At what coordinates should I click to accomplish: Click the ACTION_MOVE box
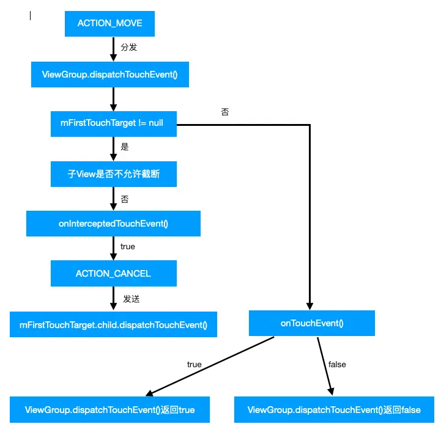tap(109, 24)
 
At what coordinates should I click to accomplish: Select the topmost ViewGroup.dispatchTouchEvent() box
tap(110, 75)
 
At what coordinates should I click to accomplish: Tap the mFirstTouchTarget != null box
tap(114, 124)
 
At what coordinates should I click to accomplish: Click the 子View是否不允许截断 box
tap(114, 174)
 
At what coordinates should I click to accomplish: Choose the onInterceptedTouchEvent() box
tap(113, 224)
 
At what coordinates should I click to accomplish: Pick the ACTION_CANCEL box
tap(114, 274)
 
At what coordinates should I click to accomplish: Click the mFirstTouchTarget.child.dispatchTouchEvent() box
tap(113, 324)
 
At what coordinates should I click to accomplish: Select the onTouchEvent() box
tap(312, 323)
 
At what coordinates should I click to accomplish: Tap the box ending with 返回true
tap(109, 409)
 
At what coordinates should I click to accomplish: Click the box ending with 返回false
tap(334, 409)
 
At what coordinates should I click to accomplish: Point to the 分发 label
tap(129, 47)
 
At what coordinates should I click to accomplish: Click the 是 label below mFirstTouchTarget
tap(125, 147)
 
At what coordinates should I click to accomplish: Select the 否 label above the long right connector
tap(225, 112)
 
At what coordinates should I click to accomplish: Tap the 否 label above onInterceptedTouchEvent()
tap(125, 199)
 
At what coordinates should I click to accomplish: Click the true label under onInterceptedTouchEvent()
tap(128, 246)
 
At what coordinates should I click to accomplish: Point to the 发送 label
tap(132, 299)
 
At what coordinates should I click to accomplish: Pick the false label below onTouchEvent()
tap(337, 365)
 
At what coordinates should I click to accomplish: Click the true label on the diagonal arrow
tap(195, 365)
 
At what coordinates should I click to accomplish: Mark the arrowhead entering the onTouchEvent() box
tap(309, 306)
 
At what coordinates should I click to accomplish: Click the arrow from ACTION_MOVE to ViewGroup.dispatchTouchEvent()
tap(113, 49)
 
